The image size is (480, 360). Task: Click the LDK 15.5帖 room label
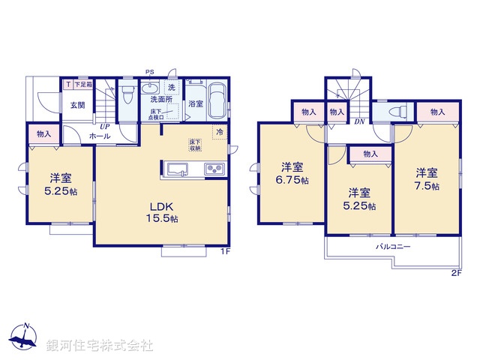162,213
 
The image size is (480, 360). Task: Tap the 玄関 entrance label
78,106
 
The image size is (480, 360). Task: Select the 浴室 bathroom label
196,103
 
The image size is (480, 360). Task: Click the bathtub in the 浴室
218,100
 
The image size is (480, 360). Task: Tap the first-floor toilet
128,95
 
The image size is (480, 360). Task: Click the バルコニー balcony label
393,247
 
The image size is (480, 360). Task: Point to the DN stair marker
359,121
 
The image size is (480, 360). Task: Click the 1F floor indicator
224,252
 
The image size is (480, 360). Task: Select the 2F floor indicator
456,272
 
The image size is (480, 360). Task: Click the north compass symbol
25,338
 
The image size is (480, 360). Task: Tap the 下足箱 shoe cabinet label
82,84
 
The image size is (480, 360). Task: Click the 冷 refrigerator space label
220,132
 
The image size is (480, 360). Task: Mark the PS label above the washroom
150,73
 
